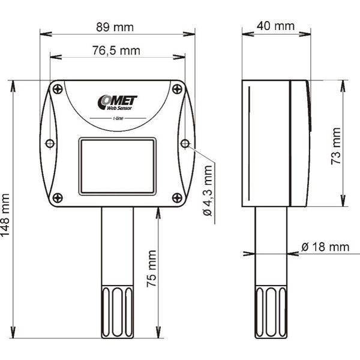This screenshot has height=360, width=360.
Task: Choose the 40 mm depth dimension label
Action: [x=275, y=26]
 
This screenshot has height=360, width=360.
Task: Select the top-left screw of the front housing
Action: [x=57, y=89]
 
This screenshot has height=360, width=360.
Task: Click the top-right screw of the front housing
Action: [x=176, y=89]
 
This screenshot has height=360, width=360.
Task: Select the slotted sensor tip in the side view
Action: [x=272, y=311]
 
